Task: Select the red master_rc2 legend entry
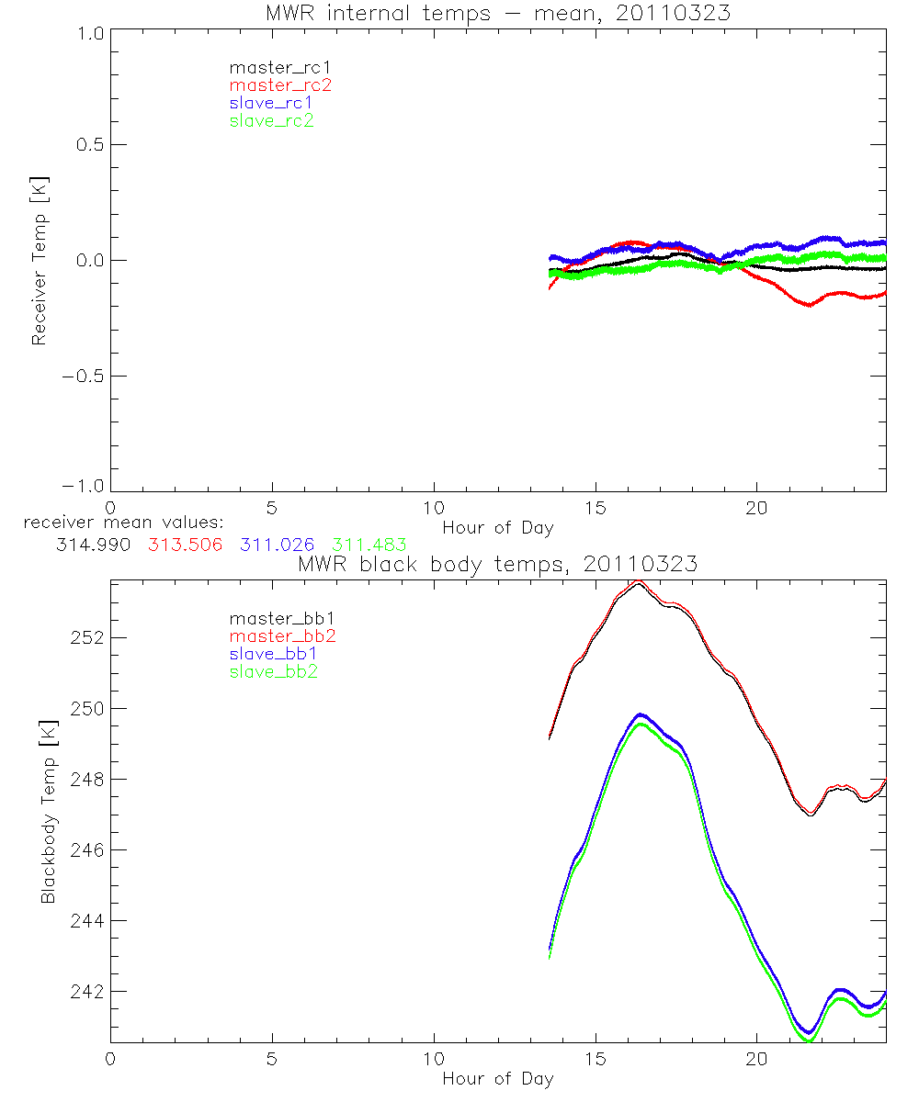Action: pos(279,85)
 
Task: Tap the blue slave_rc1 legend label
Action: pos(271,103)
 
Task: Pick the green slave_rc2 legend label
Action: pos(271,120)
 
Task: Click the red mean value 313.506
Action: pos(185,545)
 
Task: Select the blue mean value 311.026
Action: pos(278,545)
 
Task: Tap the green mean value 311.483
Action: pos(369,545)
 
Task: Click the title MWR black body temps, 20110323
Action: pos(497,564)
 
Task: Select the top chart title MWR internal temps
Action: pos(497,12)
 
